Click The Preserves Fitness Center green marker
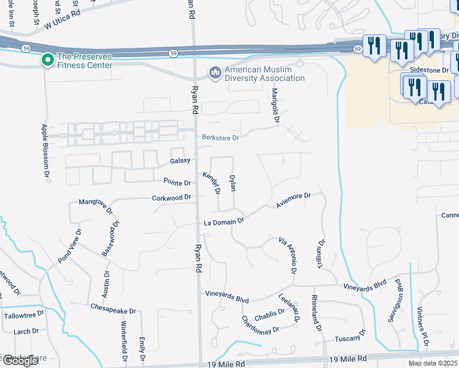[47, 60]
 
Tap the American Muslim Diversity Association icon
[215, 74]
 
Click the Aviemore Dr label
[294, 200]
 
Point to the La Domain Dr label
[224, 221]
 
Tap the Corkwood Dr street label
[172, 198]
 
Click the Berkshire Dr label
[220, 138]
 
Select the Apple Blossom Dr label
[44, 151]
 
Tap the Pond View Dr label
[69, 247]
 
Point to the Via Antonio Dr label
[288, 255]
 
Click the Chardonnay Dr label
[261, 324]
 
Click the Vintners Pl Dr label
[423, 324]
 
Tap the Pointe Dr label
[177, 182]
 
